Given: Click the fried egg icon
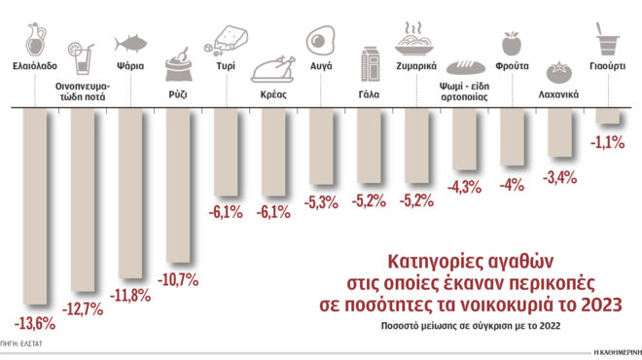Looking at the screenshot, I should pos(321,42).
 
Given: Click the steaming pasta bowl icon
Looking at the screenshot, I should pos(416,40).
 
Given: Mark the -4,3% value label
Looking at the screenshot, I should pos(464,185).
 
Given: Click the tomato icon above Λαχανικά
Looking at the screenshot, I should pos(559,70).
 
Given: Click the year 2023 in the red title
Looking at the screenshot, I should pos(602,306).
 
